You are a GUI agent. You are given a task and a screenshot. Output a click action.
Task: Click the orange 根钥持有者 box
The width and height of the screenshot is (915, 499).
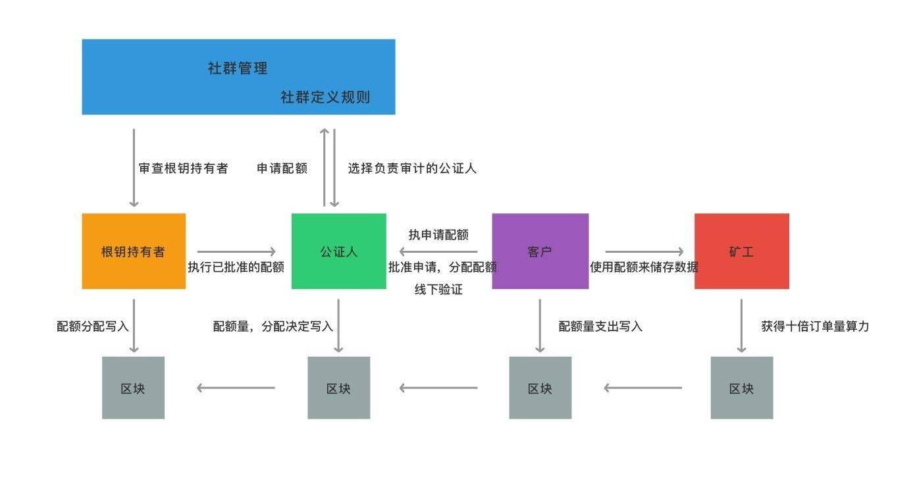pos(134,251)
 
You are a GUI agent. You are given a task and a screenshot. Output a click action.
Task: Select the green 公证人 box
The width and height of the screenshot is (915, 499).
pos(338,251)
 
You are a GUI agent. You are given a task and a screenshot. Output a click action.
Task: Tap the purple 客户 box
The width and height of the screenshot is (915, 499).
pos(540,251)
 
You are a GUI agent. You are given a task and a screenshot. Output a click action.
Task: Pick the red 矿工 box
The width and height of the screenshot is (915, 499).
pos(741,251)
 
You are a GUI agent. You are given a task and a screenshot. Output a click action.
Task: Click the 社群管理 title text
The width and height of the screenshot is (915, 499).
pos(238,68)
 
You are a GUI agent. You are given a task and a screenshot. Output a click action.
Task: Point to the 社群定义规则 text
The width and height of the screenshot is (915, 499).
pos(325,97)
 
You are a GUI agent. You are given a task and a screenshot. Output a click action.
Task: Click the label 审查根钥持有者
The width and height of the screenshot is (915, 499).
pos(183,169)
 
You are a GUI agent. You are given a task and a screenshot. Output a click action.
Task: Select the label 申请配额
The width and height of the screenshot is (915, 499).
pos(282,169)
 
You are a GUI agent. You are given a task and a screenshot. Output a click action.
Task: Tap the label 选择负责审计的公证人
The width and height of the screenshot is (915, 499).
pos(412,169)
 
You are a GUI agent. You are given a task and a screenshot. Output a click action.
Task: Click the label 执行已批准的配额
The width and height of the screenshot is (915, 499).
pos(236,267)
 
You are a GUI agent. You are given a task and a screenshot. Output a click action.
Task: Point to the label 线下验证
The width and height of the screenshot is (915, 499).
pos(438,290)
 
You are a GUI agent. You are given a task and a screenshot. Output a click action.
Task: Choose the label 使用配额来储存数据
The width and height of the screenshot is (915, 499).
pos(644,267)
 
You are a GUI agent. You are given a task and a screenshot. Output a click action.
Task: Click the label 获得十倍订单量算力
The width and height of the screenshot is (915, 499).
pos(815,327)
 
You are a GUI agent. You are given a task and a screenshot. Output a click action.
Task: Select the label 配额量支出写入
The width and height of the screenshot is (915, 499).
pos(600,327)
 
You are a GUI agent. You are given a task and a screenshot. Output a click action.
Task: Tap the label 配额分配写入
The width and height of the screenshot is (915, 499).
pos(93,327)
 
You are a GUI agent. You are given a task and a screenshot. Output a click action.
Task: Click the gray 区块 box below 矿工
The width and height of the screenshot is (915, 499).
pos(741,388)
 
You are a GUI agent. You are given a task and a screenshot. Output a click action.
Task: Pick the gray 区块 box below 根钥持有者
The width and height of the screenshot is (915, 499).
pos(133,388)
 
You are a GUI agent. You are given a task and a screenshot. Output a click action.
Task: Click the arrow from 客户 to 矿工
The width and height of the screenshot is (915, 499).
pos(644,251)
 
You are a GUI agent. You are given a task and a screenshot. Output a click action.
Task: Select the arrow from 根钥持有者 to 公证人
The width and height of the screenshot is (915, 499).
pos(236,251)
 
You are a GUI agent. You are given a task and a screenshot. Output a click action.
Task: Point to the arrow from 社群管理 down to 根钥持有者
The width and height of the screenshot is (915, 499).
pos(134,167)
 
